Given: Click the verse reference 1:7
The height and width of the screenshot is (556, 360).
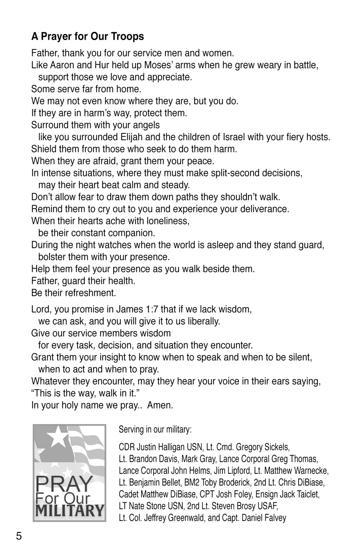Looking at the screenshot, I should click(151, 309).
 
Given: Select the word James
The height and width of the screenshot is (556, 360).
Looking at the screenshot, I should click(130, 309).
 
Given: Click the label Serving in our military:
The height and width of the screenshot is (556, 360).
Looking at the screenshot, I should click(155, 430).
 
